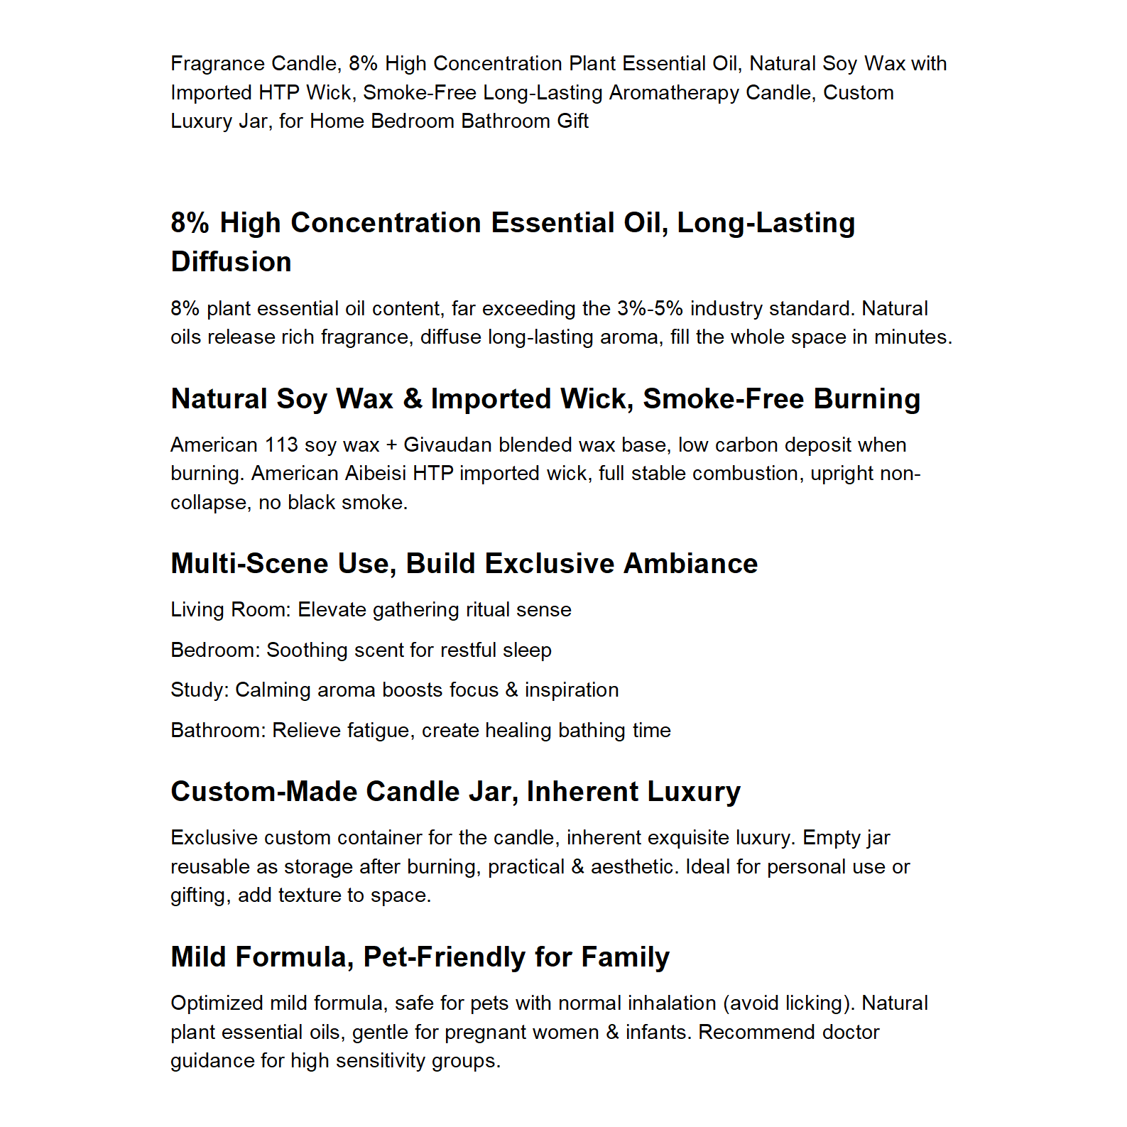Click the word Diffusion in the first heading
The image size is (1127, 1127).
231,262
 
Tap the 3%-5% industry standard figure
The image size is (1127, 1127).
650,309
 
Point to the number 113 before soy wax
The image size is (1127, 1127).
281,445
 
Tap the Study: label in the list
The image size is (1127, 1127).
200,690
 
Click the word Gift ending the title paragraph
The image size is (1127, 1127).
572,121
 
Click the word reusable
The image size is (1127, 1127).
206,867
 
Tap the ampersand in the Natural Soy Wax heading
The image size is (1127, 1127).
412,399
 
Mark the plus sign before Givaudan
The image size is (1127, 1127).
391,445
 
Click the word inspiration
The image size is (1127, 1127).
572,690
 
